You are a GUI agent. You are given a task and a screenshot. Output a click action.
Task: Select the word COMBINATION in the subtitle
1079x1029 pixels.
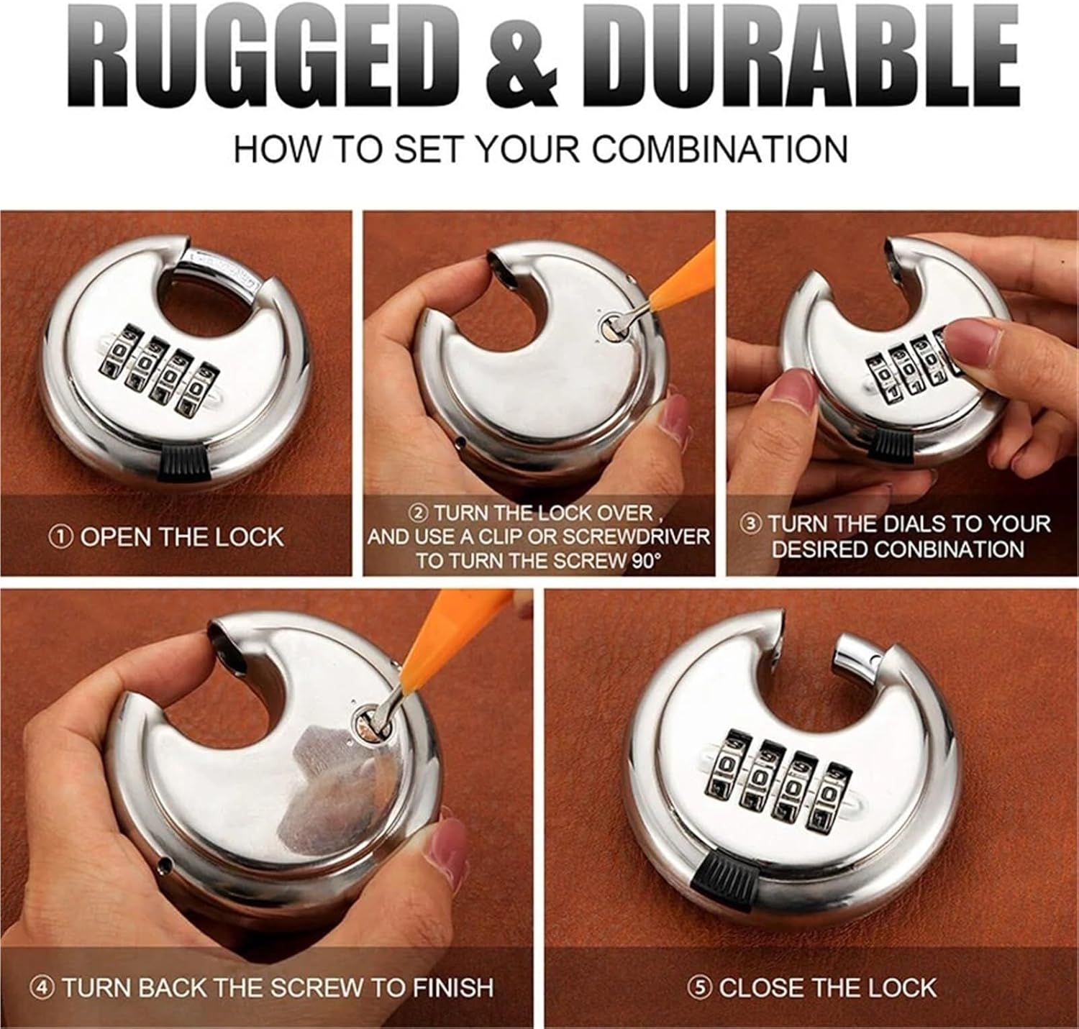720,149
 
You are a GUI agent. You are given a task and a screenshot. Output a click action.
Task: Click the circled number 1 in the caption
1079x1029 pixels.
60,537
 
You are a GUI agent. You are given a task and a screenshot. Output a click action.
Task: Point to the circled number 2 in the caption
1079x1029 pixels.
419,513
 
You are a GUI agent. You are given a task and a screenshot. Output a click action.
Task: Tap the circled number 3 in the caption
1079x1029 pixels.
751,524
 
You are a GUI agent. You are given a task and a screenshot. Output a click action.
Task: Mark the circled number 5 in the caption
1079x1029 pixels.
698,988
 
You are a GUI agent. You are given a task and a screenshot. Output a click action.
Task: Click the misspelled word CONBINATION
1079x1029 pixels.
949,549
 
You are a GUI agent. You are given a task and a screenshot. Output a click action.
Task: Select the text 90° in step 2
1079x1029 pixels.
643,561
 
